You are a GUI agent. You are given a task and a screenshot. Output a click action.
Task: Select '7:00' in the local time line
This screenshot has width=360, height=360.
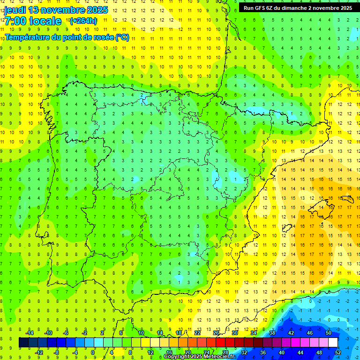point(15,21)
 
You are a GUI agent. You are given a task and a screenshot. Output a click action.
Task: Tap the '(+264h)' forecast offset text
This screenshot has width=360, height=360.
point(83,21)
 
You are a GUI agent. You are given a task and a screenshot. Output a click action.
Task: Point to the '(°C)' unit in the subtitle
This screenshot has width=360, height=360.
point(122,37)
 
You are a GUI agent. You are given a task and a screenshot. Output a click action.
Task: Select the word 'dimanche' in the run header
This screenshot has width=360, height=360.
point(293,8)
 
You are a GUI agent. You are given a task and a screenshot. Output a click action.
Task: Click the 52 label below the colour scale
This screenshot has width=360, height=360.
point(338,352)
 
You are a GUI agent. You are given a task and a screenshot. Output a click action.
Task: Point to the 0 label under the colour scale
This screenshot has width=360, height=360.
point(93,352)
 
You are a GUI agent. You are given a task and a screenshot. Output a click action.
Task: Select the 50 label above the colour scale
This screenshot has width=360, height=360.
point(328,333)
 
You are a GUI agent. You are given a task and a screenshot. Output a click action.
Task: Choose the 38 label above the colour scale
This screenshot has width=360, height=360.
point(272,333)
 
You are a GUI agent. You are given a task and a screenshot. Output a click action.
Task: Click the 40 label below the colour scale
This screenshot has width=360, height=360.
point(281,352)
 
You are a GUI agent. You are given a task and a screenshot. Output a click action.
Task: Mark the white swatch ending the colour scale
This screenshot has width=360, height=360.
point(333,343)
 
